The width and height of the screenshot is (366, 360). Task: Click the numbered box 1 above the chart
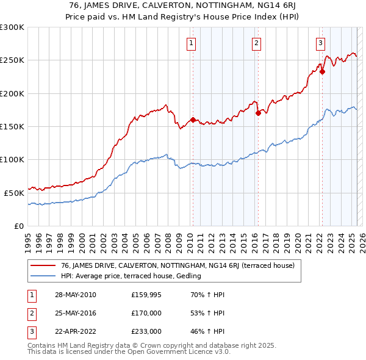pyautogui.click(x=192, y=43)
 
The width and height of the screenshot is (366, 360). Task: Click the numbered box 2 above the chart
pyautogui.click(x=256, y=43)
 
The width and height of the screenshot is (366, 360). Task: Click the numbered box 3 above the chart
pyautogui.click(x=320, y=43)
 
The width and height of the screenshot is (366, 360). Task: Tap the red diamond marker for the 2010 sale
pyautogui.click(x=193, y=120)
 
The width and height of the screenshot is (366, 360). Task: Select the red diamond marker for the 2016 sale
pyautogui.click(x=257, y=113)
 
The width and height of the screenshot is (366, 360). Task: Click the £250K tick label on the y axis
pyautogui.click(x=12, y=60)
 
